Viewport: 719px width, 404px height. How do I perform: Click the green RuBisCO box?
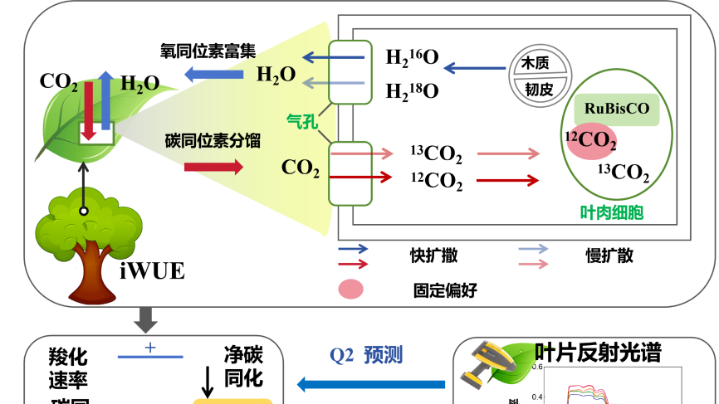click(x=617, y=109)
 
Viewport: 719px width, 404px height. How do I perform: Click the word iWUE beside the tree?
click(x=152, y=271)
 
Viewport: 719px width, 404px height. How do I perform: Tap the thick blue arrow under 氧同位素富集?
click(x=213, y=75)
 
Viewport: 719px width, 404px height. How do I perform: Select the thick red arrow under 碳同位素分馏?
click(x=213, y=167)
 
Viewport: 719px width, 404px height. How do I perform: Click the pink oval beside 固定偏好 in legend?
click(x=351, y=290)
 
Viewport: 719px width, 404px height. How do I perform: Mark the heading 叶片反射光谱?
click(x=598, y=353)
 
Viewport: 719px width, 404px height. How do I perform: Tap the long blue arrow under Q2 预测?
click(x=371, y=383)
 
